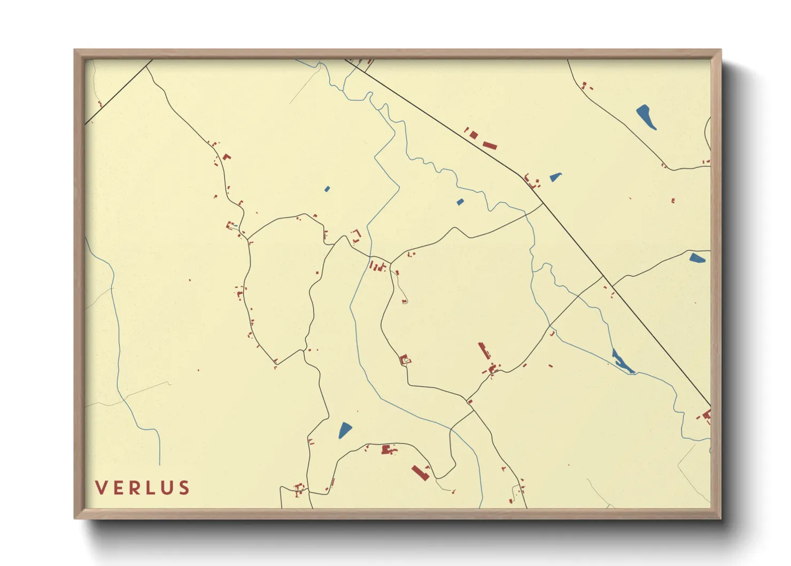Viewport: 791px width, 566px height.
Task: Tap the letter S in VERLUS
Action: click(184, 488)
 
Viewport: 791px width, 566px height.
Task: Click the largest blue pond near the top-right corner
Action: click(646, 117)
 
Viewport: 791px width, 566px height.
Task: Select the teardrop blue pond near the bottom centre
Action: click(345, 430)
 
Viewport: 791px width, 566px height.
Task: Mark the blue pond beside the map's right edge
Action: click(697, 258)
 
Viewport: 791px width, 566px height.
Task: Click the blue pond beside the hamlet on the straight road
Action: click(555, 177)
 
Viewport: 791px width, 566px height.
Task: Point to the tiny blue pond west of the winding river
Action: click(327, 189)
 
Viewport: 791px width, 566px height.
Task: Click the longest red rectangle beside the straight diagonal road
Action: click(490, 145)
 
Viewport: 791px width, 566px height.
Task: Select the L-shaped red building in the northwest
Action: click(227, 157)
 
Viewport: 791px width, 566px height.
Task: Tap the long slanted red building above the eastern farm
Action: click(484, 351)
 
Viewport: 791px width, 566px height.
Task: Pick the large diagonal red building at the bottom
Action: click(420, 473)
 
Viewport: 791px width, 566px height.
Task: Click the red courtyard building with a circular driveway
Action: click(405, 360)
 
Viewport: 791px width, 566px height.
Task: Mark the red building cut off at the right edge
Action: click(707, 414)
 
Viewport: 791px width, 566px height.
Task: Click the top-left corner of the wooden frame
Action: click(75, 50)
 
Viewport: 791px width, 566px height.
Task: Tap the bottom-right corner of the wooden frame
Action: click(720, 518)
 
